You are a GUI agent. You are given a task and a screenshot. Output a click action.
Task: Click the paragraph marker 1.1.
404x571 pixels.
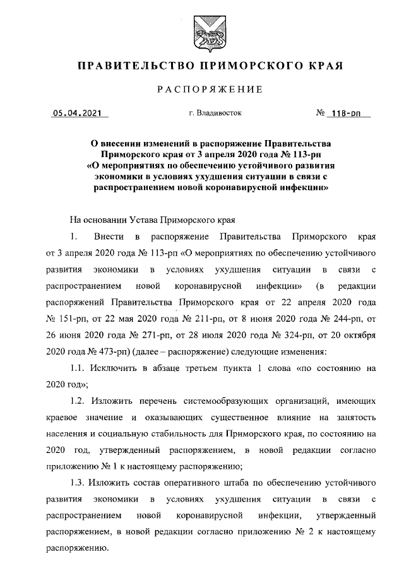[78, 367]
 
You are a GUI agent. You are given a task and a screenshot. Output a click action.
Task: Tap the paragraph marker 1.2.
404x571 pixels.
[78, 401]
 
